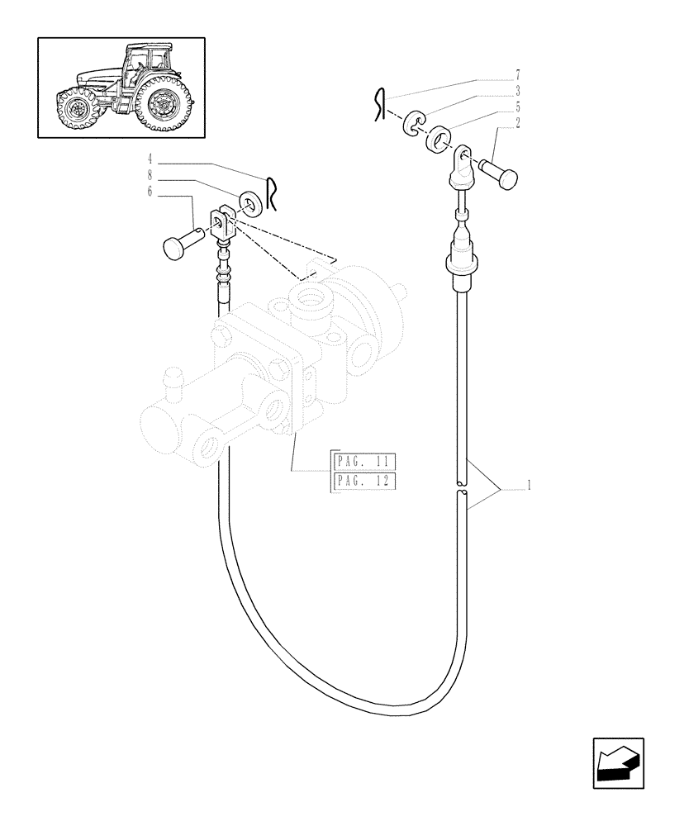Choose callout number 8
(150, 174)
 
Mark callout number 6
(150, 191)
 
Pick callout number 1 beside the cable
(527, 487)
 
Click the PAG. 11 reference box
(364, 461)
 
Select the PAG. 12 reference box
(364, 481)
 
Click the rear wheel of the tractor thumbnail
(164, 104)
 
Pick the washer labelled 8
(249, 202)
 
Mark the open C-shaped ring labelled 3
(412, 126)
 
